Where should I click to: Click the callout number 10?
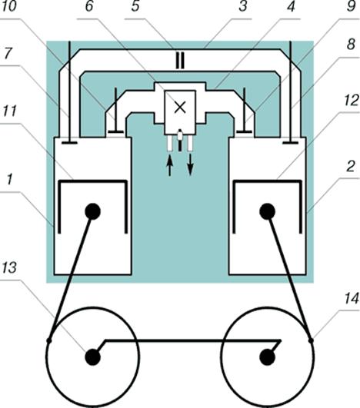9,6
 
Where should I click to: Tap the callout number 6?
89,6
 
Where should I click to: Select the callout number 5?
135,6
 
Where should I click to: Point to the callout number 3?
243,6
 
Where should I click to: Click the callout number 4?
291,6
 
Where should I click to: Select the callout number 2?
350,167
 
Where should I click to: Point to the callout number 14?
352,298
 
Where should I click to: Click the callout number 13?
9,267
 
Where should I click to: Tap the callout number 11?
9,111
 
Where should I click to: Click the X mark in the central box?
180,108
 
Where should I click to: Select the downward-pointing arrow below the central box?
191,164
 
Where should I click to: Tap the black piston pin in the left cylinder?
93,211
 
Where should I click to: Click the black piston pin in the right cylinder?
267,211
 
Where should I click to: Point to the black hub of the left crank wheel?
93,357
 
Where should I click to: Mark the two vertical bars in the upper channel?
180,61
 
